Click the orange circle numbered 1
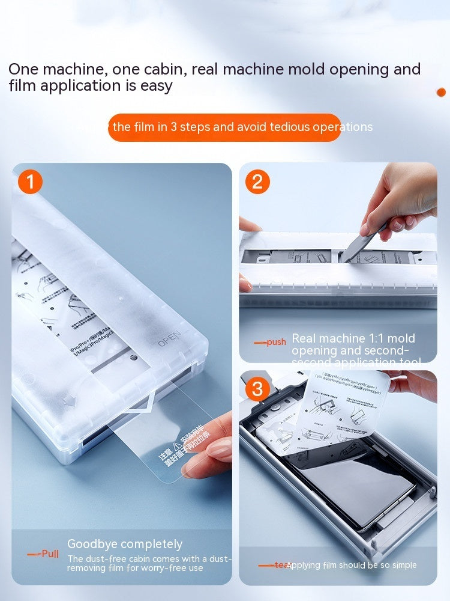click(31, 182)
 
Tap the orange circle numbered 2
click(257, 182)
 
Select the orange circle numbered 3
click(257, 389)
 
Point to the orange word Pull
click(50, 554)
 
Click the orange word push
click(276, 342)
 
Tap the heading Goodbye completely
click(125, 544)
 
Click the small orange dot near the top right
click(442, 92)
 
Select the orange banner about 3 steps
click(224, 127)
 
